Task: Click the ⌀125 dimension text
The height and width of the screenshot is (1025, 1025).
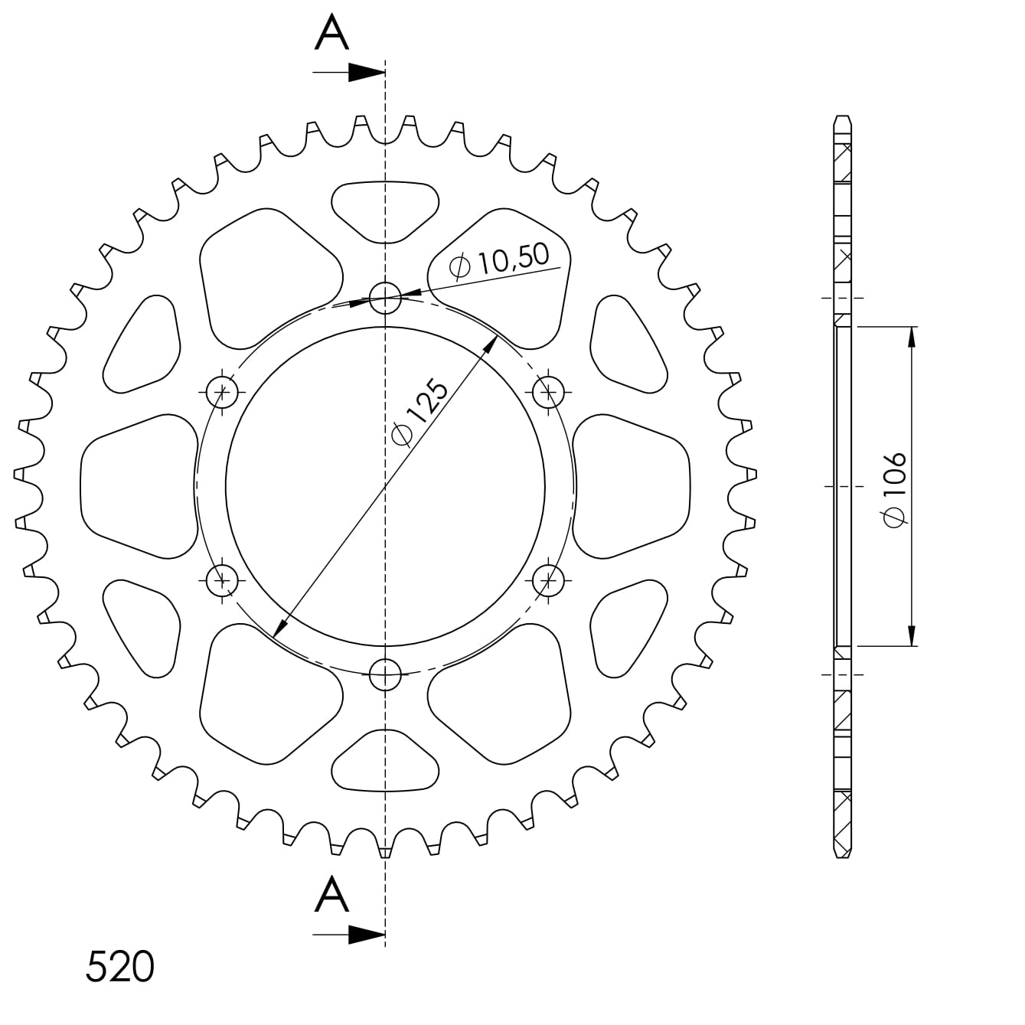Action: (x=419, y=411)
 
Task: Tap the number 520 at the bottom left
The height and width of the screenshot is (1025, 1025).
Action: (x=119, y=967)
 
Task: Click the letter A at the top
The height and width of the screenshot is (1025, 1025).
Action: (x=331, y=34)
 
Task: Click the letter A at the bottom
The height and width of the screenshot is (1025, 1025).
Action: (x=331, y=895)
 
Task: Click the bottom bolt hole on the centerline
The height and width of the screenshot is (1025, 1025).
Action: (x=385, y=674)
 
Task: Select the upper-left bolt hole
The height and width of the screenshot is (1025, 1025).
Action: (x=223, y=393)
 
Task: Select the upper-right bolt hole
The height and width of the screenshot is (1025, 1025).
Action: (x=548, y=393)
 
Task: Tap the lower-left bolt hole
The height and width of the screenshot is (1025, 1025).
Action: (x=223, y=579)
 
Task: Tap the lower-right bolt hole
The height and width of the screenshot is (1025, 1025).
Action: (x=548, y=579)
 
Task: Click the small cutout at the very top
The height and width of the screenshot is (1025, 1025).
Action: (x=385, y=208)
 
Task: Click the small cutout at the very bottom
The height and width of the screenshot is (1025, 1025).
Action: (x=385, y=762)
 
